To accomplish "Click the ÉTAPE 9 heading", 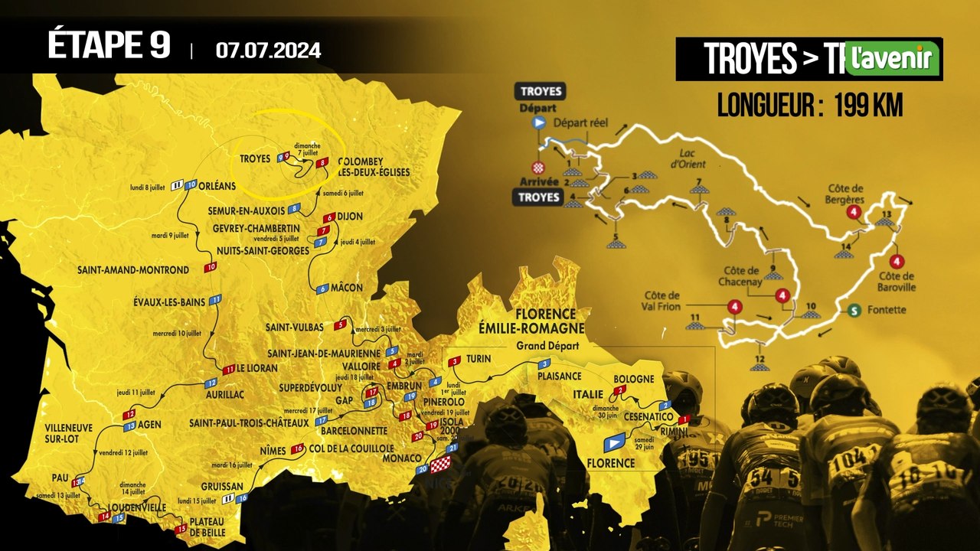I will [x=109, y=46].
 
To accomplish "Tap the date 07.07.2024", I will [x=268, y=51].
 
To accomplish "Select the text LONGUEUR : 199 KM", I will [x=809, y=106].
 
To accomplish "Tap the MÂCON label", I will [x=347, y=288].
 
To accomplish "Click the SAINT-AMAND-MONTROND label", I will [x=132, y=269].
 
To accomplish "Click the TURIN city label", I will [x=479, y=360].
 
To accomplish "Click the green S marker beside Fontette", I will [x=854, y=310].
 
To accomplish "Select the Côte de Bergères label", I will [x=846, y=193].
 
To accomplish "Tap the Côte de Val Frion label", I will [x=662, y=301].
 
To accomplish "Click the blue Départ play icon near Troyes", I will [x=538, y=122].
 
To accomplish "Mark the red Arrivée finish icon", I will [x=538, y=167].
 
